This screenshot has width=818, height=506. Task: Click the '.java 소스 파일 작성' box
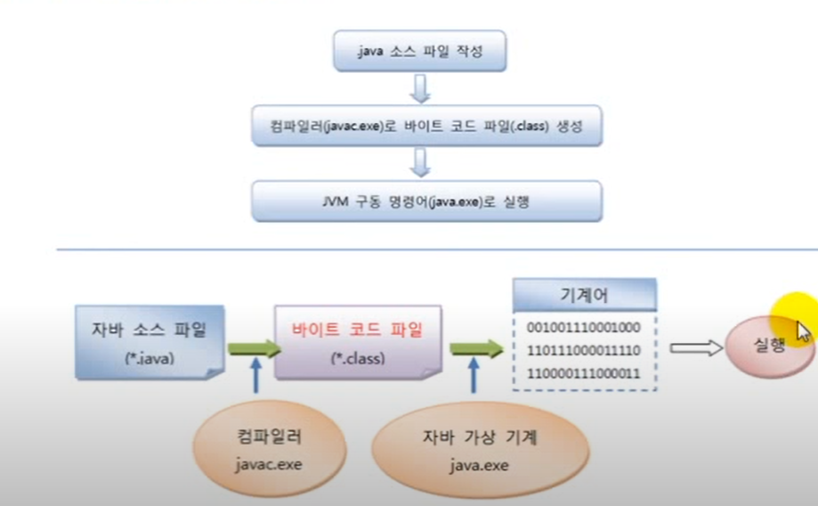[x=419, y=53]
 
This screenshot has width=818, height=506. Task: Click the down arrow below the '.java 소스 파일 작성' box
[x=419, y=89]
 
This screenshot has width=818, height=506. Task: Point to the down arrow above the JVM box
[x=419, y=163]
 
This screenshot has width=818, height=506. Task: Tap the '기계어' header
[x=585, y=294]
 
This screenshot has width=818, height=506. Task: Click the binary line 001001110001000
[x=584, y=328]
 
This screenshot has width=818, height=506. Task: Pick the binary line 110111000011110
[x=584, y=350]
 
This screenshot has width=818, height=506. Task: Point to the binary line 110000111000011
[x=584, y=372]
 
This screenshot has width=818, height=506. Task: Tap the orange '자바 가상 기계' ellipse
[x=481, y=448]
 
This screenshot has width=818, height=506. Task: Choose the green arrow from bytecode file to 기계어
[x=476, y=348]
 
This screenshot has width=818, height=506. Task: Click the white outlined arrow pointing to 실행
[x=695, y=347]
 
